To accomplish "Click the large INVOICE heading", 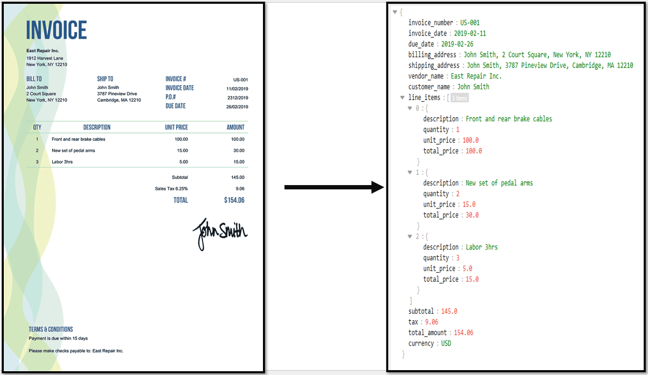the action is click(56, 30).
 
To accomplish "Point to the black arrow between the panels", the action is click(334, 187).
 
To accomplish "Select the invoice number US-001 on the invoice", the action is click(240, 80).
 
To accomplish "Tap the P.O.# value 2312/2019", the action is click(238, 98).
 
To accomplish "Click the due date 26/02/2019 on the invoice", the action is click(237, 107).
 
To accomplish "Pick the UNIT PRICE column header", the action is click(176, 128).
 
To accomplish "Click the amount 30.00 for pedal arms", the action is click(239, 151).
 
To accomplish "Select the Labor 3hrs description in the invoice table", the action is click(62, 162).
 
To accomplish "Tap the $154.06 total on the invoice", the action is click(234, 200).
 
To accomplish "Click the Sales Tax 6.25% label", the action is click(171, 189).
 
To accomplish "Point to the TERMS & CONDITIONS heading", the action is click(51, 329).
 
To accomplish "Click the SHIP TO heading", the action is click(105, 79).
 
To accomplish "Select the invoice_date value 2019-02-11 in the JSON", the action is click(470, 33).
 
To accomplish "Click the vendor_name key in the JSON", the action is click(425, 76).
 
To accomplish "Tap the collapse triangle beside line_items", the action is click(402, 97).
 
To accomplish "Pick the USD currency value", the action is click(446, 343).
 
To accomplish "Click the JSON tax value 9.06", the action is click(431, 322).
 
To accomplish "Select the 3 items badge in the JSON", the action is click(459, 98).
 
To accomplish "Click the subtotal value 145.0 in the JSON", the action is click(449, 312).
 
